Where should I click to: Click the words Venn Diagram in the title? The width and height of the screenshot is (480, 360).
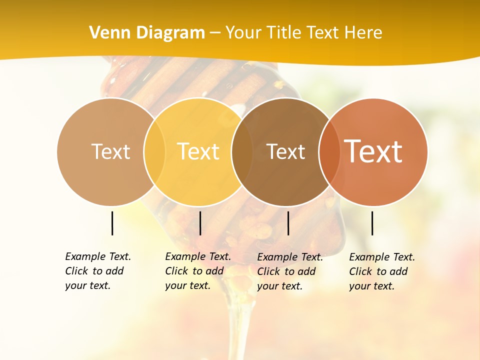(147, 33)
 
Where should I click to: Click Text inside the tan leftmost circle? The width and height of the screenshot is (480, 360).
(110, 151)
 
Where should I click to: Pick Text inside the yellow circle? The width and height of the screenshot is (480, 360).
(198, 151)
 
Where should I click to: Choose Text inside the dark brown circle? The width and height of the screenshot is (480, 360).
(285, 151)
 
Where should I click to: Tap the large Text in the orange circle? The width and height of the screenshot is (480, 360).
(373, 151)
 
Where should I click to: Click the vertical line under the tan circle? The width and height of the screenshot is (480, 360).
(112, 223)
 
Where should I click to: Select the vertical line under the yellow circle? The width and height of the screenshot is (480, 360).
(200, 223)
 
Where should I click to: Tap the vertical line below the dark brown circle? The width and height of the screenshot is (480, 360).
(288, 223)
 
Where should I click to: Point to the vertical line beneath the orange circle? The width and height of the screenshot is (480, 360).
(372, 223)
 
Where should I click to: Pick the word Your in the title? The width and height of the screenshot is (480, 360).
(243, 33)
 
